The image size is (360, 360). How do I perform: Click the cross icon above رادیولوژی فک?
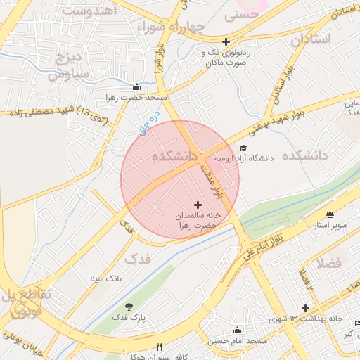(225, 41)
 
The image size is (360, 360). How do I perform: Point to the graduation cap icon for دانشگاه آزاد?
(243, 148)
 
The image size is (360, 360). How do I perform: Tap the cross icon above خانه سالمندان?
(197, 204)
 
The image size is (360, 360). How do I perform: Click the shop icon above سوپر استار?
(330, 214)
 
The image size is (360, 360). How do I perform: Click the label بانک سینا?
(106, 278)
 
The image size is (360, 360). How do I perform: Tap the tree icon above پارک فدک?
(128, 307)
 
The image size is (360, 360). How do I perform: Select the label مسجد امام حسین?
(237, 341)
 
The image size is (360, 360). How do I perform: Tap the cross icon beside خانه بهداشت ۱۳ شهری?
(305, 308)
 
